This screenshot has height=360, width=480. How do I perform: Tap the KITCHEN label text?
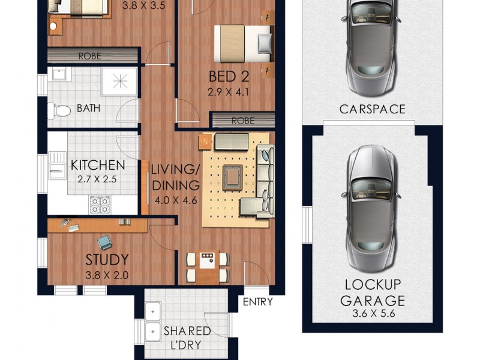pyautogui.click(x=98, y=165)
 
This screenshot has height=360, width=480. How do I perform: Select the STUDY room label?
pyautogui.click(x=107, y=260)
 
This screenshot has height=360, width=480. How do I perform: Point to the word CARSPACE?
pyautogui.click(x=372, y=109)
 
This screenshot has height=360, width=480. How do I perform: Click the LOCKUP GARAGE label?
pyautogui.click(x=372, y=292)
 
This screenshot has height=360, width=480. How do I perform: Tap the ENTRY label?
pyautogui.click(x=257, y=302)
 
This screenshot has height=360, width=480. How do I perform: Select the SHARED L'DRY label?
pyautogui.click(x=187, y=338)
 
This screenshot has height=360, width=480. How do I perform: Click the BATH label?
pyautogui.click(x=89, y=109)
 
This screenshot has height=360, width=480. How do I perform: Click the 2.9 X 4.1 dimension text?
pyautogui.click(x=227, y=93)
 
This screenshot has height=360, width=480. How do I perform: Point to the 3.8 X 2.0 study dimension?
pyautogui.click(x=107, y=277)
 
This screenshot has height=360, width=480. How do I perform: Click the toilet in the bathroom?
pyautogui.click(x=56, y=110)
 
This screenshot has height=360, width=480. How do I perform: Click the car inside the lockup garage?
pyautogui.click(x=371, y=207)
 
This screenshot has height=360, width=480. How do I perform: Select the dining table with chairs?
pyautogui.click(x=208, y=266)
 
